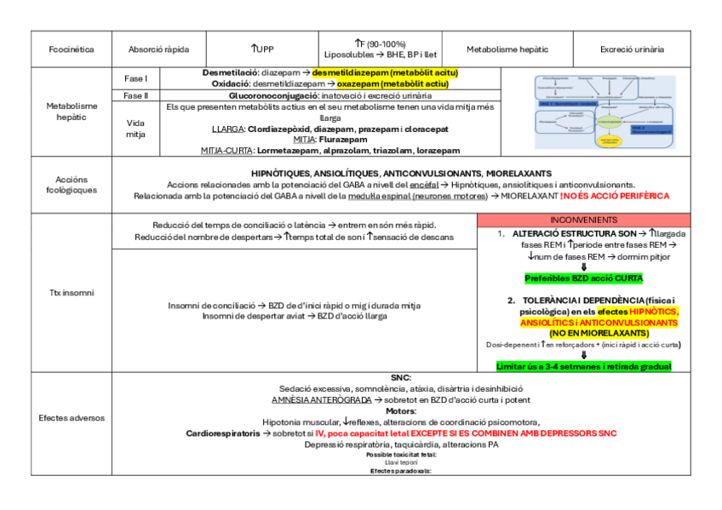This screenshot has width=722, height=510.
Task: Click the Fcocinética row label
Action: [71, 49]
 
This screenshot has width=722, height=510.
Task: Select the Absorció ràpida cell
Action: [159, 49]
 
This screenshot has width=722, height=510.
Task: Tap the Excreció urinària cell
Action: [632, 49]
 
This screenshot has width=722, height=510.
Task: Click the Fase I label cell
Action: [135, 78]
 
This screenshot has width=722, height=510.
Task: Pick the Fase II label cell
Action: [135, 96]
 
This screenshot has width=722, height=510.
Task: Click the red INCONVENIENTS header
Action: [584, 220]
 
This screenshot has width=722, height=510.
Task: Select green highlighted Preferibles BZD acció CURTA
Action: [584, 278]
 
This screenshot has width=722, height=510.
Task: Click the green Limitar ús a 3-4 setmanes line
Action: [584, 366]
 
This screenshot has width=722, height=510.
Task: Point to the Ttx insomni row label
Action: [71, 293]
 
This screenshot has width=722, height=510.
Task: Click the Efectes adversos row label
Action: [71, 419]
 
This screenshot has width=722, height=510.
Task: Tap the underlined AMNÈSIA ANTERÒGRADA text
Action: [322, 399]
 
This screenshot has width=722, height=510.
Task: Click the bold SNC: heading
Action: [401, 377]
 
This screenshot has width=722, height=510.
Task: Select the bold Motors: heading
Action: [401, 410]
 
